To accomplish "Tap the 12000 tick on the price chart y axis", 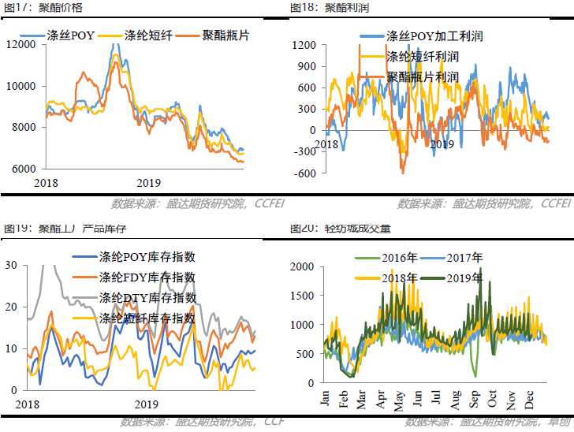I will [21, 44].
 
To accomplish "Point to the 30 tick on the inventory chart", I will [11, 266].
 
